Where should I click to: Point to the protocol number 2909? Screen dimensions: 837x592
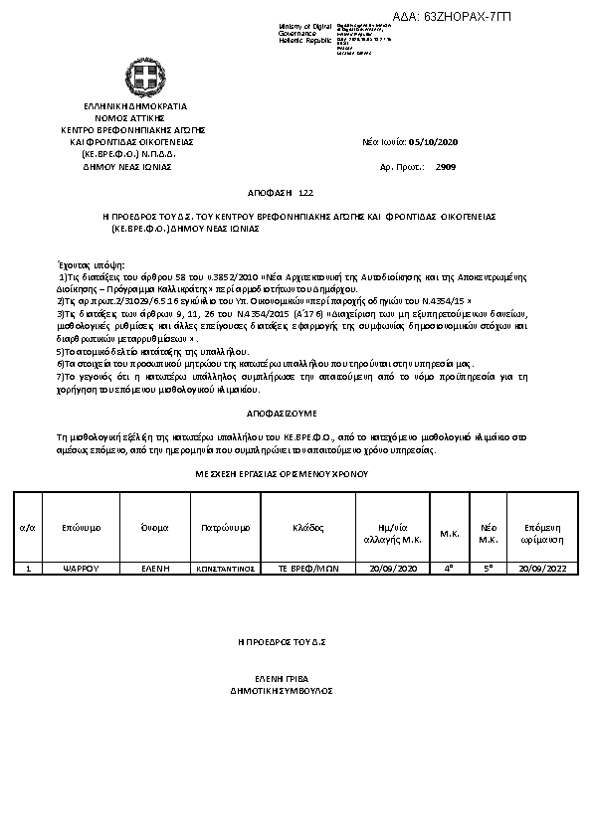(x=446, y=168)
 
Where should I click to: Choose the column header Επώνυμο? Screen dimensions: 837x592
(x=81, y=527)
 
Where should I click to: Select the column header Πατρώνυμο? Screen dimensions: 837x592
(x=225, y=527)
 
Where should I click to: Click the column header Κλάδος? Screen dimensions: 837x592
(x=308, y=527)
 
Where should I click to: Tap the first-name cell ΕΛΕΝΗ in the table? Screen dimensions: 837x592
(x=154, y=569)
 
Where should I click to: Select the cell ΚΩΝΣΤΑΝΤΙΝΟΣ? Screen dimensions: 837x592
(x=225, y=569)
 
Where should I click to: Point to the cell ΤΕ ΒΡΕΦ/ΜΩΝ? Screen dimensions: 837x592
(x=308, y=569)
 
